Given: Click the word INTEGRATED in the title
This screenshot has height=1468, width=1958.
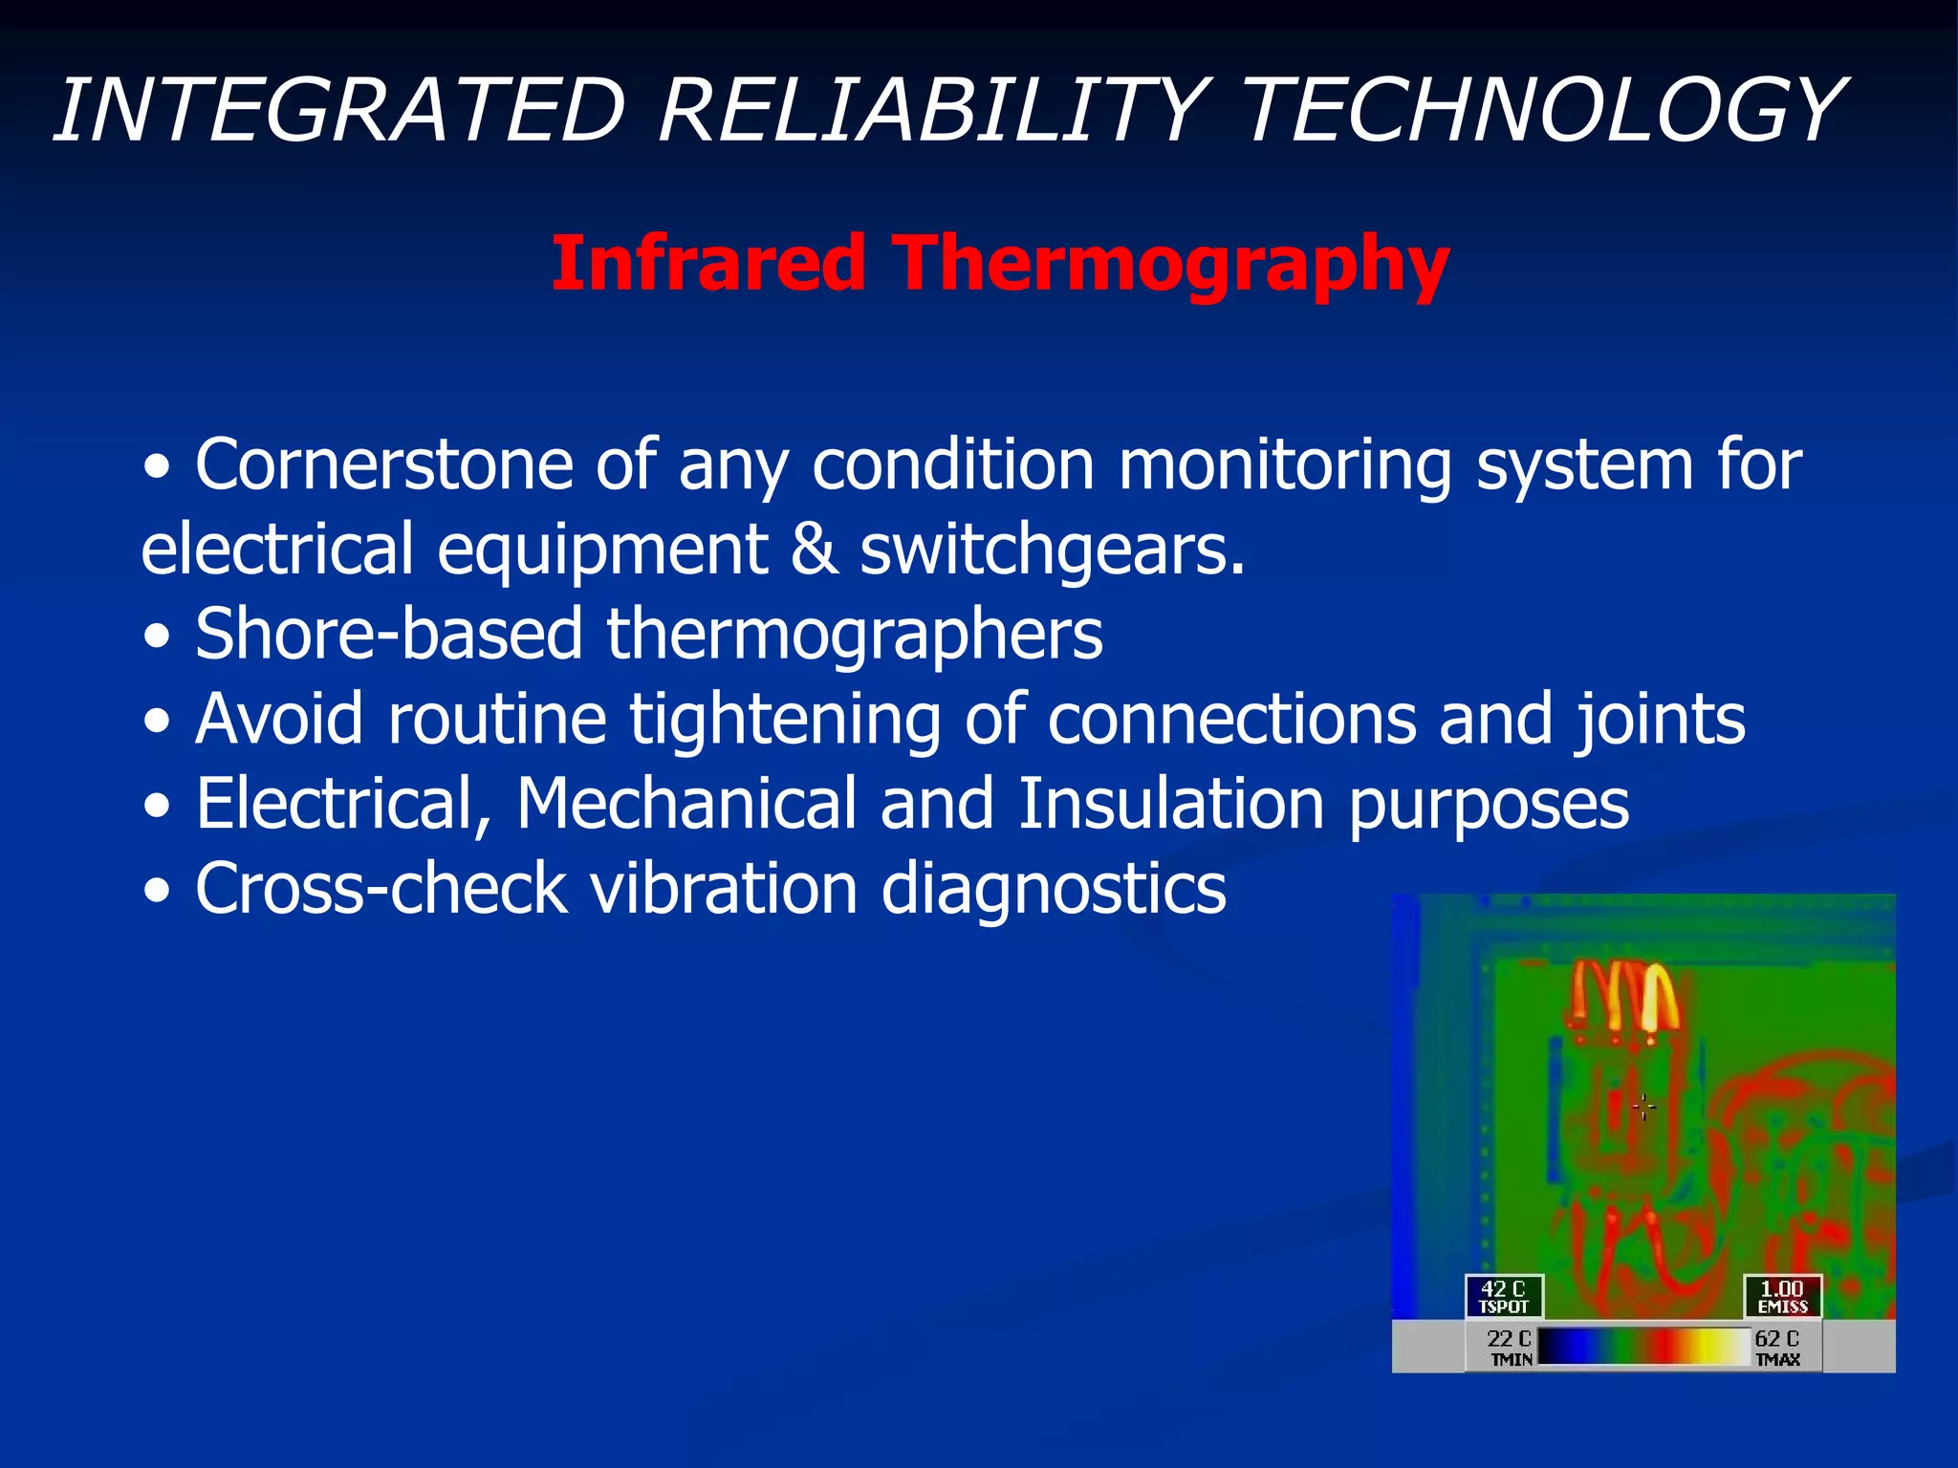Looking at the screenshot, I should [x=339, y=111].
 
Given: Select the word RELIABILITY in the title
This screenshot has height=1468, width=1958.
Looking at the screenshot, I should [x=932, y=111].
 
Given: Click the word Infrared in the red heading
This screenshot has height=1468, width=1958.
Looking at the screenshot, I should [x=708, y=263].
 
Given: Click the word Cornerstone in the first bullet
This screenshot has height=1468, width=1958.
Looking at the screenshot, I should [x=383, y=465].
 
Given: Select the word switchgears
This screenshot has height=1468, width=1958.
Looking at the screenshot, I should [x=1053, y=550].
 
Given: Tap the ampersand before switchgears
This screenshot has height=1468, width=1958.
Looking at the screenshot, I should [x=814, y=550].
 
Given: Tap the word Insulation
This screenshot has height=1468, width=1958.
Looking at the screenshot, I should [x=1170, y=804].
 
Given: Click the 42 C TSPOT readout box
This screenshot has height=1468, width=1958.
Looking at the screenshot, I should [x=1503, y=1296].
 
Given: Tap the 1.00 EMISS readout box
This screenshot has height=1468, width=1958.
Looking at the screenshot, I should [x=1782, y=1296].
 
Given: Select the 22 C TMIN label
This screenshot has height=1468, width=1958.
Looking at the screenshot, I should [x=1508, y=1347].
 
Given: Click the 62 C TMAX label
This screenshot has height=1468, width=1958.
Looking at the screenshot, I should [x=1777, y=1347].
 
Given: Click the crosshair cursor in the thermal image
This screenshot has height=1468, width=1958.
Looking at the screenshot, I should [x=1643, y=1107].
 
